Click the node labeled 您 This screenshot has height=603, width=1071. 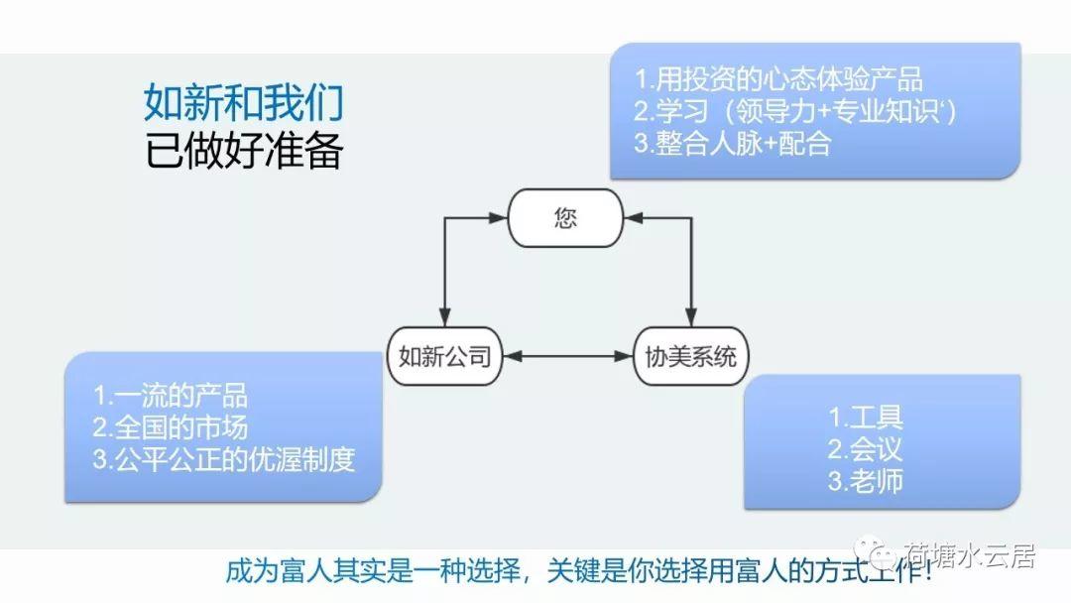(565, 218)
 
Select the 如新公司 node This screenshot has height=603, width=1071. (444, 356)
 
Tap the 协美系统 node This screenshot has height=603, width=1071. (690, 356)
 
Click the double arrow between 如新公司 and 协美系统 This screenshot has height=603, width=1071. (568, 356)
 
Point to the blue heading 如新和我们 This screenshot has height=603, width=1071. (243, 102)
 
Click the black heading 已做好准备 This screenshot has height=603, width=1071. (243, 150)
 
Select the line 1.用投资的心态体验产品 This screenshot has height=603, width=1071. (778, 79)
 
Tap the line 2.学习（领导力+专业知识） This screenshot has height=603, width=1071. (795, 111)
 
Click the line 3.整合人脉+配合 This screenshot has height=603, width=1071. (732, 143)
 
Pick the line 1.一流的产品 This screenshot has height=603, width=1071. (171, 396)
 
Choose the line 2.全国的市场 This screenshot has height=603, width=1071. (171, 427)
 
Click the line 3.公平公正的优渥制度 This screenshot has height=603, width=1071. (224, 459)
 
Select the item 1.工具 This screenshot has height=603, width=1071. (866, 417)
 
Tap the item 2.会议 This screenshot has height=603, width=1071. (866, 448)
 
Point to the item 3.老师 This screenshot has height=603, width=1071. (866, 481)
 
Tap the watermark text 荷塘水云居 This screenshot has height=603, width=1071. (971, 555)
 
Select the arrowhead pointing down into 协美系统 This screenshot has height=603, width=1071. (691, 317)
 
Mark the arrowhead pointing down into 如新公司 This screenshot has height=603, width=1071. (444, 317)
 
